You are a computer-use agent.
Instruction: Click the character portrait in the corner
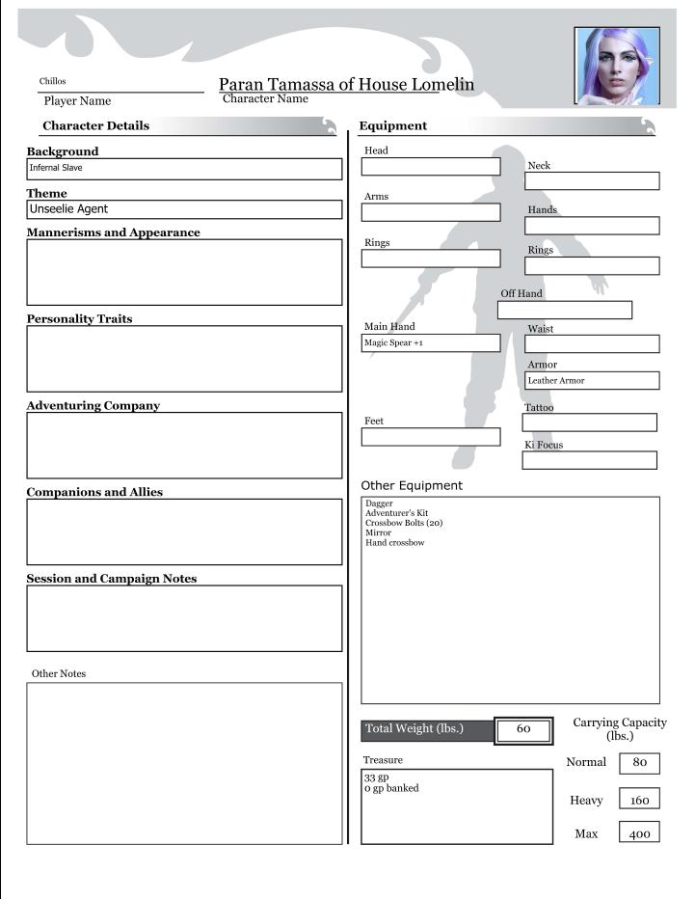click(x=617, y=66)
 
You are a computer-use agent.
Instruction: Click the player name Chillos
click(x=53, y=81)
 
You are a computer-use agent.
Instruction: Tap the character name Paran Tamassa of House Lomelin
click(x=346, y=85)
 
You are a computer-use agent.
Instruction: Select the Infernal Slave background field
click(x=184, y=169)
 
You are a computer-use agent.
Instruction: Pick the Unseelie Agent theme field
click(x=184, y=209)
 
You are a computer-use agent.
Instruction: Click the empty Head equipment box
click(x=431, y=167)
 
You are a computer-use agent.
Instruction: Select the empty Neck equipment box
click(x=592, y=181)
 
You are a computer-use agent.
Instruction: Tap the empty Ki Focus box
click(x=589, y=460)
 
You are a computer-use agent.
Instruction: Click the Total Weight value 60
click(x=523, y=729)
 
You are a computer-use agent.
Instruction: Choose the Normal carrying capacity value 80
click(x=639, y=763)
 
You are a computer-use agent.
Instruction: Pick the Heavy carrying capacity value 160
click(x=639, y=801)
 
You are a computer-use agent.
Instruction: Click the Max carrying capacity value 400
click(x=639, y=834)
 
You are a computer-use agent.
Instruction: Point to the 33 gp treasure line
click(x=376, y=777)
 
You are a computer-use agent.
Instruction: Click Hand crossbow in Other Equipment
click(x=394, y=543)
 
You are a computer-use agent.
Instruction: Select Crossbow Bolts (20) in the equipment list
click(x=404, y=524)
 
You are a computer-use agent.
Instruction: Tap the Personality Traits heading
click(x=80, y=319)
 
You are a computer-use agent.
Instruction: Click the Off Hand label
click(x=521, y=293)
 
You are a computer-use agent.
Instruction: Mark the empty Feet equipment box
click(x=431, y=437)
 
